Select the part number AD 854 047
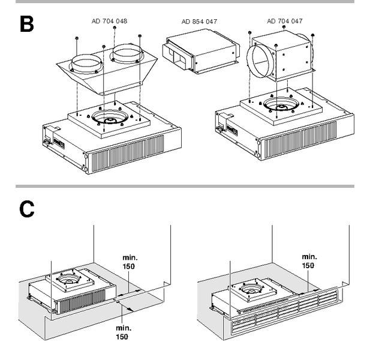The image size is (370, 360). [x=199, y=21]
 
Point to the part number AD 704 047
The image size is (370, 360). [x=284, y=21]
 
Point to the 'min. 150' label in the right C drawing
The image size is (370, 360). [x=309, y=260]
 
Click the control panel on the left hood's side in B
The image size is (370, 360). [x=59, y=144]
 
